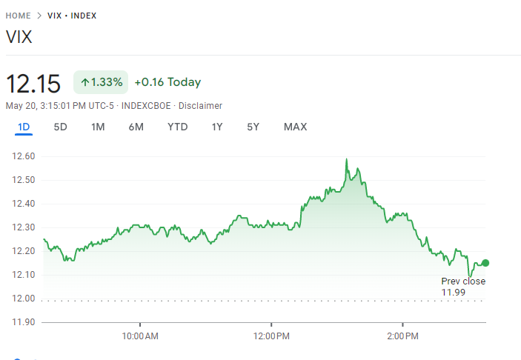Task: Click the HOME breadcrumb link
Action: [x=18, y=16]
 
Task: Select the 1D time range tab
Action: [x=24, y=127]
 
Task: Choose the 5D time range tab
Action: [x=61, y=127]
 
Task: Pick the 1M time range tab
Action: [x=98, y=127]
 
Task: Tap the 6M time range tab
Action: [x=136, y=127]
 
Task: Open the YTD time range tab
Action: [x=178, y=127]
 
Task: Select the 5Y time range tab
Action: [x=253, y=127]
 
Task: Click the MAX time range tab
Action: [x=295, y=127]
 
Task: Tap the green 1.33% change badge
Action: [x=101, y=82]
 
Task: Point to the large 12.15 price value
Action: [x=33, y=83]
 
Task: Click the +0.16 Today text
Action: [x=167, y=82]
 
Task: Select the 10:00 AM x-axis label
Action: [x=140, y=336]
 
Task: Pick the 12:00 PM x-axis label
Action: [x=271, y=336]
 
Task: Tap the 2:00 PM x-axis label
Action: [x=402, y=336]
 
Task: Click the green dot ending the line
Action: [x=485, y=263]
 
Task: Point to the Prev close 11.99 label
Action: [x=463, y=287]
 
